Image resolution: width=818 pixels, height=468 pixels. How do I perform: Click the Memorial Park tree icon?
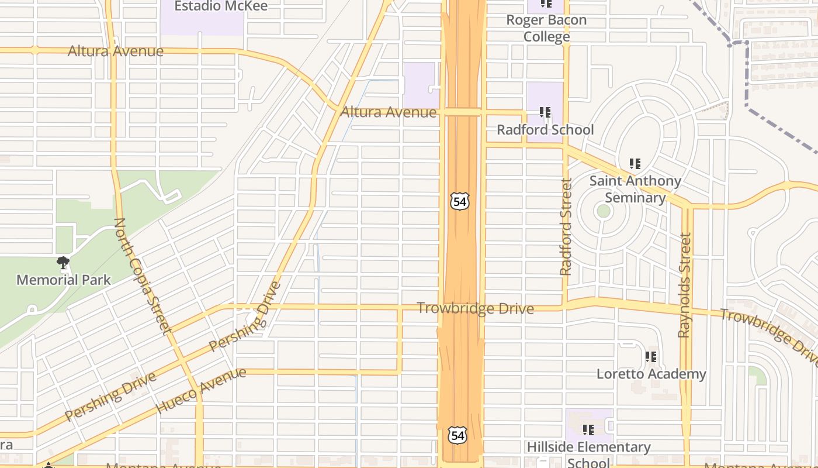tap(63, 263)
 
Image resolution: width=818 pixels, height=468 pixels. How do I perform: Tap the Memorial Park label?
tap(63, 280)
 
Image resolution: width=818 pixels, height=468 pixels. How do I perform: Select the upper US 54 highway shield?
tap(459, 201)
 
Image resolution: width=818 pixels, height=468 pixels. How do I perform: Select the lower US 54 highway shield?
tap(457, 435)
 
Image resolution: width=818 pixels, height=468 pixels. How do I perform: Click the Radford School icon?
tap(545, 112)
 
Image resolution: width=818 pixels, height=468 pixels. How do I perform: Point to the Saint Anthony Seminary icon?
tap(635, 164)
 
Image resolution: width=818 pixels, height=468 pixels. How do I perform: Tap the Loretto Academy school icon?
tap(651, 356)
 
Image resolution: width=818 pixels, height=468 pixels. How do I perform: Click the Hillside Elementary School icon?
tap(588, 430)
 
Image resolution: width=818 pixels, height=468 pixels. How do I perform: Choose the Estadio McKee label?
tap(221, 6)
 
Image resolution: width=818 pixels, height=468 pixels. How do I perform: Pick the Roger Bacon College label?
tap(546, 28)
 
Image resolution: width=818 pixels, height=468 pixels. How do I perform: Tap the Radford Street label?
tap(566, 227)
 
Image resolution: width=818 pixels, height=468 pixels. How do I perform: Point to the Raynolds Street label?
tap(684, 285)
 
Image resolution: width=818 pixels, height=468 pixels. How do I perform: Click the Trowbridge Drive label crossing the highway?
tap(475, 308)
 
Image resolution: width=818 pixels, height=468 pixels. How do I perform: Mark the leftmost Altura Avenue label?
tap(116, 51)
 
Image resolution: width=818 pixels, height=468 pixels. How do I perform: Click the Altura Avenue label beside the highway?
tap(389, 112)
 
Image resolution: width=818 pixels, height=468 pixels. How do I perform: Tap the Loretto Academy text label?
tap(651, 373)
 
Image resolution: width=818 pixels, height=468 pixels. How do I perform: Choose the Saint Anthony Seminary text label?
tap(635, 189)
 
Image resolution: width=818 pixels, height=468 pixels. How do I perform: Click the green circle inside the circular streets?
tap(604, 211)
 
